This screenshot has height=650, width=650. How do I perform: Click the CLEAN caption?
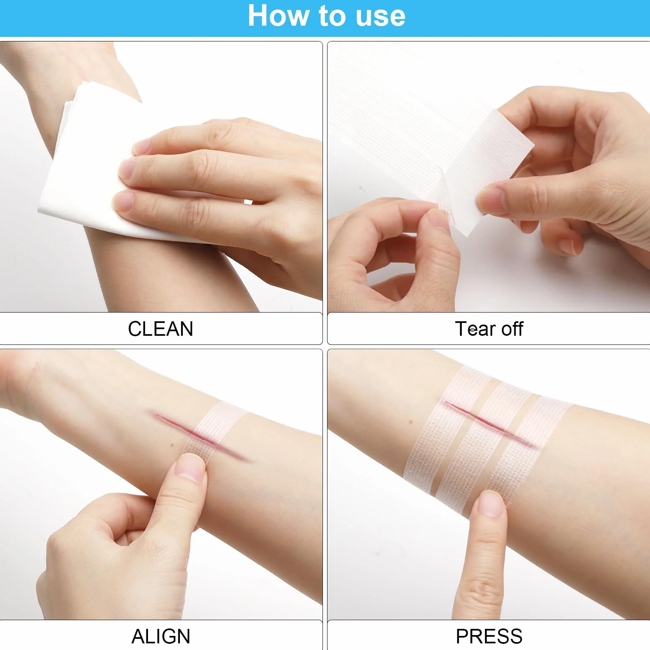(160, 329)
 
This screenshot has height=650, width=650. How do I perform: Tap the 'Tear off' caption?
(489, 329)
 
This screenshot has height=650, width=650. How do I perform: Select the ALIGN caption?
(161, 636)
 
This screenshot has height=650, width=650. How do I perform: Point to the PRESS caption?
(489, 636)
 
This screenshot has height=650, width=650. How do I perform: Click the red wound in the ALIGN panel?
(201, 435)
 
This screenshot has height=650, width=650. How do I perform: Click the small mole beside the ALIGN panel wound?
(172, 445)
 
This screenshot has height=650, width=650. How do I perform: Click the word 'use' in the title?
(381, 17)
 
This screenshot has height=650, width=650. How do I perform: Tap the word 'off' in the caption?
(512, 329)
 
